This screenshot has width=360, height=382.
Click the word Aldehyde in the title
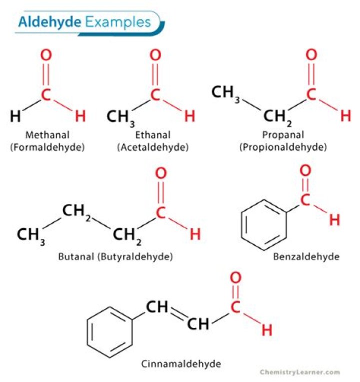(x=49, y=22)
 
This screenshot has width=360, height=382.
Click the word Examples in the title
(x=118, y=23)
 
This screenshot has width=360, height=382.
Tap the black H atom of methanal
(x=15, y=116)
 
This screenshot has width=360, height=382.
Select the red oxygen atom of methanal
(x=46, y=55)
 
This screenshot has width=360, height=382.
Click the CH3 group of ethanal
(x=120, y=118)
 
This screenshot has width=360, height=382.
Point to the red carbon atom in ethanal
(x=155, y=95)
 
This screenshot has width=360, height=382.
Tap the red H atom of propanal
(x=345, y=116)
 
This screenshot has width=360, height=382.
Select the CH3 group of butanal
(x=31, y=236)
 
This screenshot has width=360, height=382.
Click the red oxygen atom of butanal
(x=161, y=173)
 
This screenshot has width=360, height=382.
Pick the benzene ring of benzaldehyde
(x=264, y=225)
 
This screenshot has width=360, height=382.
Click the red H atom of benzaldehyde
(x=334, y=220)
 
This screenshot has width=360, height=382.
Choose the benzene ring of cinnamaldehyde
(x=110, y=332)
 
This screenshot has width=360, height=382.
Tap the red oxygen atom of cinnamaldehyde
(x=235, y=278)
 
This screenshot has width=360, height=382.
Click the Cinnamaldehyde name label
(x=181, y=364)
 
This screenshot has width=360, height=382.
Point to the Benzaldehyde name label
(x=306, y=257)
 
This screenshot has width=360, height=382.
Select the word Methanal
(x=47, y=135)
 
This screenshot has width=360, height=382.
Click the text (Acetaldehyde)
(x=153, y=147)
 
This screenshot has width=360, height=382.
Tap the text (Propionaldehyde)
(x=283, y=147)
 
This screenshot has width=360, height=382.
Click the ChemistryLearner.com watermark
(x=300, y=372)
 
